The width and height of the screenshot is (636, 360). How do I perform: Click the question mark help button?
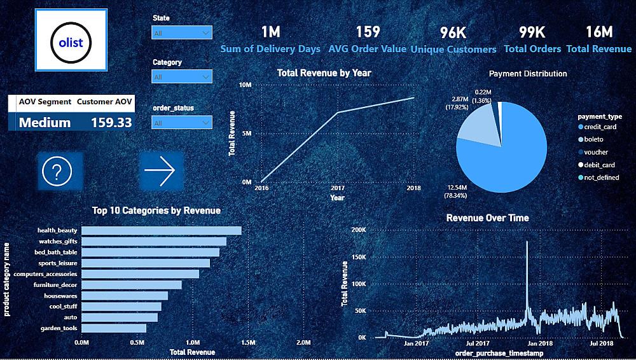tap(60, 171)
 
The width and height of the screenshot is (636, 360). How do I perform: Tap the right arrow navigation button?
tap(160, 171)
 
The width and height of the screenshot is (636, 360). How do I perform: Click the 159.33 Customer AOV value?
tap(111, 122)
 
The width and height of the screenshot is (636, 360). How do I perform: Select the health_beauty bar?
tap(162, 230)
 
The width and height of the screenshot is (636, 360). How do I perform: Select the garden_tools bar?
tap(114, 328)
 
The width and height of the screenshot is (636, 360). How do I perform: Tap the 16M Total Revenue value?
tap(598, 32)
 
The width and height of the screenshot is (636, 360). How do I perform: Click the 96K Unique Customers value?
tap(453, 32)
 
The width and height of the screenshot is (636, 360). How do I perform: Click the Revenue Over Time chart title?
tap(487, 218)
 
